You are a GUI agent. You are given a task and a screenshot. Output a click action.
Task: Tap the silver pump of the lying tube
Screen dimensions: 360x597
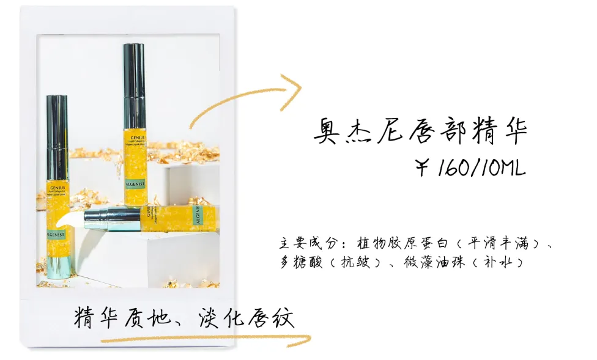point(113,218)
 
